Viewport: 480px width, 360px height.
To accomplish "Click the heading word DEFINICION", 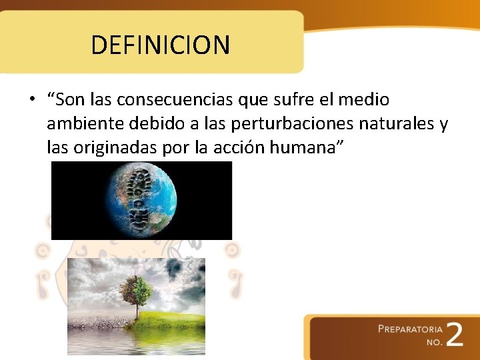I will pos(160,45).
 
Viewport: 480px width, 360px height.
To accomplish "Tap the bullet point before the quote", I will pos(31,101).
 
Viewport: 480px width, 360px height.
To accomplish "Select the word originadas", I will pos(115,147).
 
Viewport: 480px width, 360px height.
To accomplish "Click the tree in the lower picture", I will pos(136,294).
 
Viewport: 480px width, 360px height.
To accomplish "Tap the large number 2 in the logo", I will pos(453,335).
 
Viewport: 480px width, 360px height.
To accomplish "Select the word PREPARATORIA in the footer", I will pos(410,329).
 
